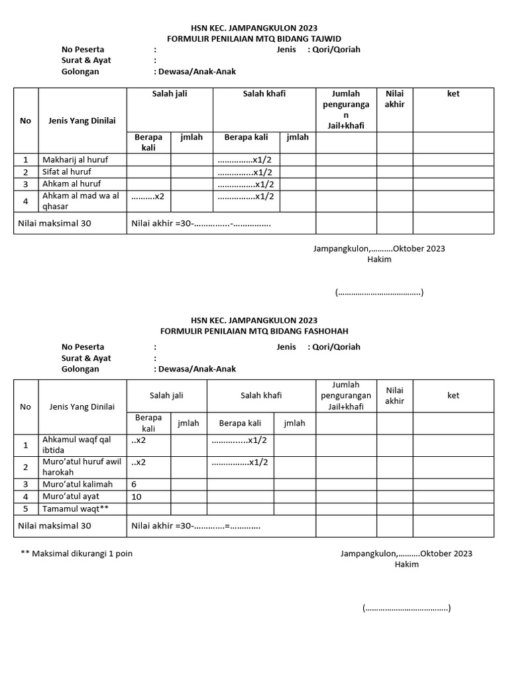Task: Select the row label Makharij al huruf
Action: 75,160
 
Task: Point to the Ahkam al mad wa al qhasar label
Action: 80,201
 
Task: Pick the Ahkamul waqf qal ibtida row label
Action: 75,444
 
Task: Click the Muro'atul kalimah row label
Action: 78,484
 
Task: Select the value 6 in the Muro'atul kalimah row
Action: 134,484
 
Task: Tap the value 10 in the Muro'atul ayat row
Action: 137,497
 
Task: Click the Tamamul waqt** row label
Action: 75,508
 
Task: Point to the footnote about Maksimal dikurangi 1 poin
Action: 77,554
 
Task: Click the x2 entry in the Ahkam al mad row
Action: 148,196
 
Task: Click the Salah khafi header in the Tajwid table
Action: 264,94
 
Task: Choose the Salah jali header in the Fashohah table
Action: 166,395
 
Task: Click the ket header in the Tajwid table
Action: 453,94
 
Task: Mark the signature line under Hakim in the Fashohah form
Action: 406,608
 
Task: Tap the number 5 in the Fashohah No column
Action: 26,508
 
